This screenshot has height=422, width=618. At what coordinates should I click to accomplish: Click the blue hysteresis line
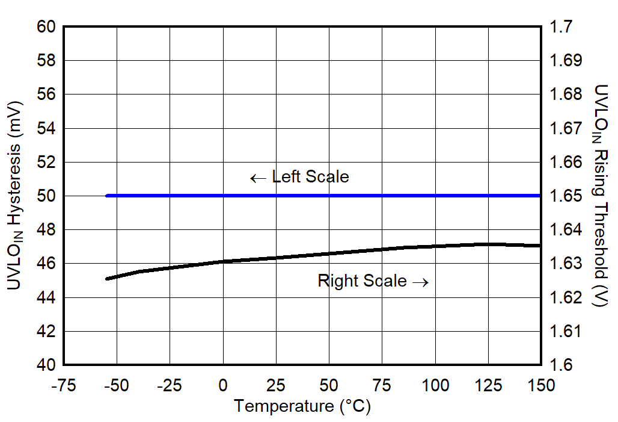pos(325,196)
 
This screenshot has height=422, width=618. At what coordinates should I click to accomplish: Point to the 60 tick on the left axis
pos(46,27)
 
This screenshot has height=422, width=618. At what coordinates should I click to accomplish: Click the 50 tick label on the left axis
pos(46,196)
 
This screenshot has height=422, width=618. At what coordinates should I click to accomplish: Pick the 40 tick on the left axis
pos(46,365)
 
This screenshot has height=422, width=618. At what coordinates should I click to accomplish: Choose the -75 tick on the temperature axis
pos(64,385)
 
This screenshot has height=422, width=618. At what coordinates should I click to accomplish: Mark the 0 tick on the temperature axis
pos(223,385)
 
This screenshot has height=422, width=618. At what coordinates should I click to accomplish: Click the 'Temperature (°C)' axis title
pos(302,407)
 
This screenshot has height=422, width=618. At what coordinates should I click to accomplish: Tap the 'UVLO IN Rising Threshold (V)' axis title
pos(602,196)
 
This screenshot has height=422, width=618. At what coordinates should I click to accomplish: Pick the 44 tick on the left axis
pos(46,298)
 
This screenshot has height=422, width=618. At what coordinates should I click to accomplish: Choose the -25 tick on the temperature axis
pos(170,385)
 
